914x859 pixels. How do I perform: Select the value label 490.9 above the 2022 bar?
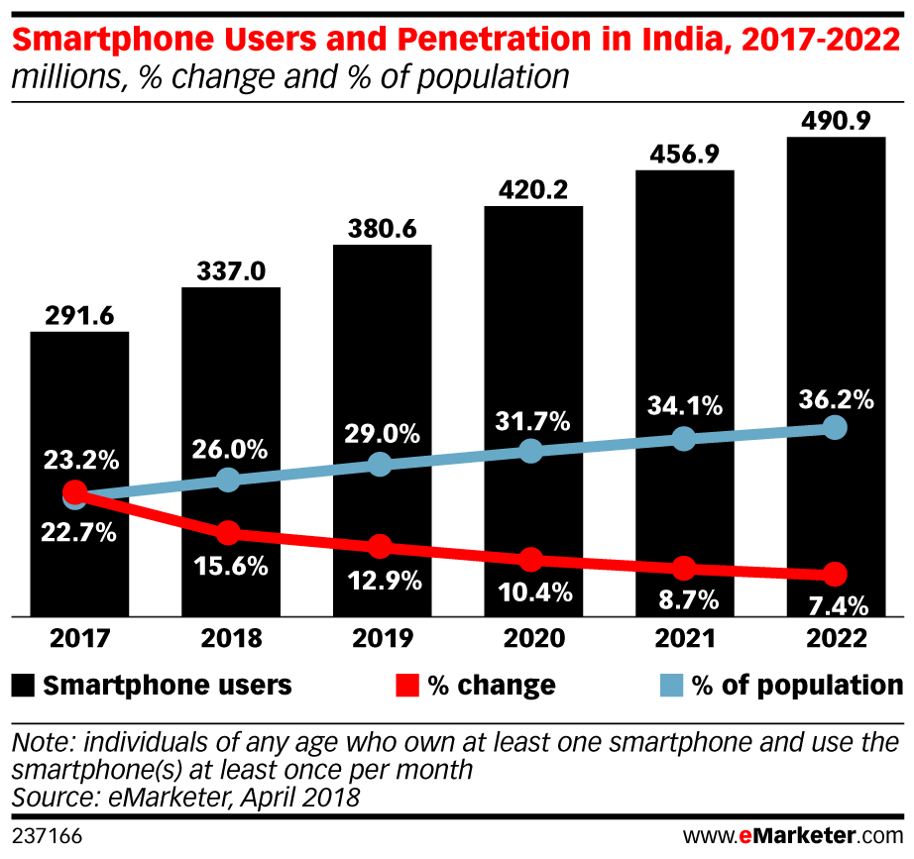point(835,121)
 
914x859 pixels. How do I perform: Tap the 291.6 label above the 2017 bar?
point(79,316)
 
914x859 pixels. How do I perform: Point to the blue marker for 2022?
point(835,428)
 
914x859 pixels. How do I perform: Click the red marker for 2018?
point(228,533)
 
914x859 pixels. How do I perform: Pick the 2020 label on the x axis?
point(533,638)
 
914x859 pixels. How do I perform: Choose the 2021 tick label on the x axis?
point(684,638)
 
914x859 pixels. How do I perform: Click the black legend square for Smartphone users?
point(24,685)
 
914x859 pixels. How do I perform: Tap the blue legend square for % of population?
point(673,685)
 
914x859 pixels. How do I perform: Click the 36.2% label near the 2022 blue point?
point(835,399)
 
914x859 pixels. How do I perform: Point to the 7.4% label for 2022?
point(835,604)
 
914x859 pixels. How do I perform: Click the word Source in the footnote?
point(45,795)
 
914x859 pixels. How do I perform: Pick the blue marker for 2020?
point(532,451)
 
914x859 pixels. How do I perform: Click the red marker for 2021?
point(683,568)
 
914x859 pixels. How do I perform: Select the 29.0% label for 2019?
point(382,435)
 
